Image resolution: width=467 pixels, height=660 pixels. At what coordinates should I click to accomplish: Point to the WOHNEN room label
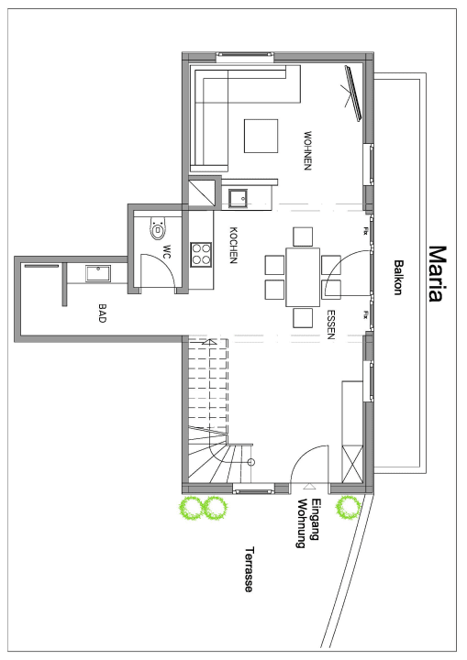309,151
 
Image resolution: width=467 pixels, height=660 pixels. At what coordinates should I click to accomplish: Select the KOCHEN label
234,246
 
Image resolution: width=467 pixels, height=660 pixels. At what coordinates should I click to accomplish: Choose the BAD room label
102,313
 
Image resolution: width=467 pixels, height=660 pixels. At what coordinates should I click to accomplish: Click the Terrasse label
249,569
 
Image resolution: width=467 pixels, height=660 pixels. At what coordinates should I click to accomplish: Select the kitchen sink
239,195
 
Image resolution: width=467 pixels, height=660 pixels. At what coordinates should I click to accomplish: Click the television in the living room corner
353,93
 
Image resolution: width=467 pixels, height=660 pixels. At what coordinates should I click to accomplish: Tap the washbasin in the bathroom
96,272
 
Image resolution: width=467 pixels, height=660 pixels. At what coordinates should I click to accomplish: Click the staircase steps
208,385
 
